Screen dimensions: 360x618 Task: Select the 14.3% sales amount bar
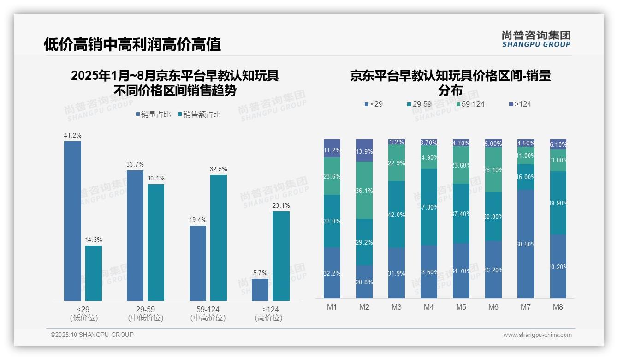94,273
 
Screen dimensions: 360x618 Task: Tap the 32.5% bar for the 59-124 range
219,238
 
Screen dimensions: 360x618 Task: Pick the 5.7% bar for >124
260,289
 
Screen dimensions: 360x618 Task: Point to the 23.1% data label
281,206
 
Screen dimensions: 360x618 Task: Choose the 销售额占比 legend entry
199,114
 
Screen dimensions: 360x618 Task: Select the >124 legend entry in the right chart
519,104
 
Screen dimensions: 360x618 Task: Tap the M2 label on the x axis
364,307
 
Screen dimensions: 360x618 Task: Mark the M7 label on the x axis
525,307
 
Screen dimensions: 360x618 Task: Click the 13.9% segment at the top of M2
364,150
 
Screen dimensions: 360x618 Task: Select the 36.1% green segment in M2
364,190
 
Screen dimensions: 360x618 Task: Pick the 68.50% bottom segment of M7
525,244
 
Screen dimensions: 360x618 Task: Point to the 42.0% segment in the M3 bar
396,214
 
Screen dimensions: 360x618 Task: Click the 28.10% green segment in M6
493,170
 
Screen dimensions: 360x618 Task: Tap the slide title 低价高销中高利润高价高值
132,44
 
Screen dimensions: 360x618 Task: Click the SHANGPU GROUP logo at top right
536,39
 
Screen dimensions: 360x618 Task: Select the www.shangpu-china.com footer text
537,335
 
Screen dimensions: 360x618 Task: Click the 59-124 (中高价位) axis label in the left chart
208,313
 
